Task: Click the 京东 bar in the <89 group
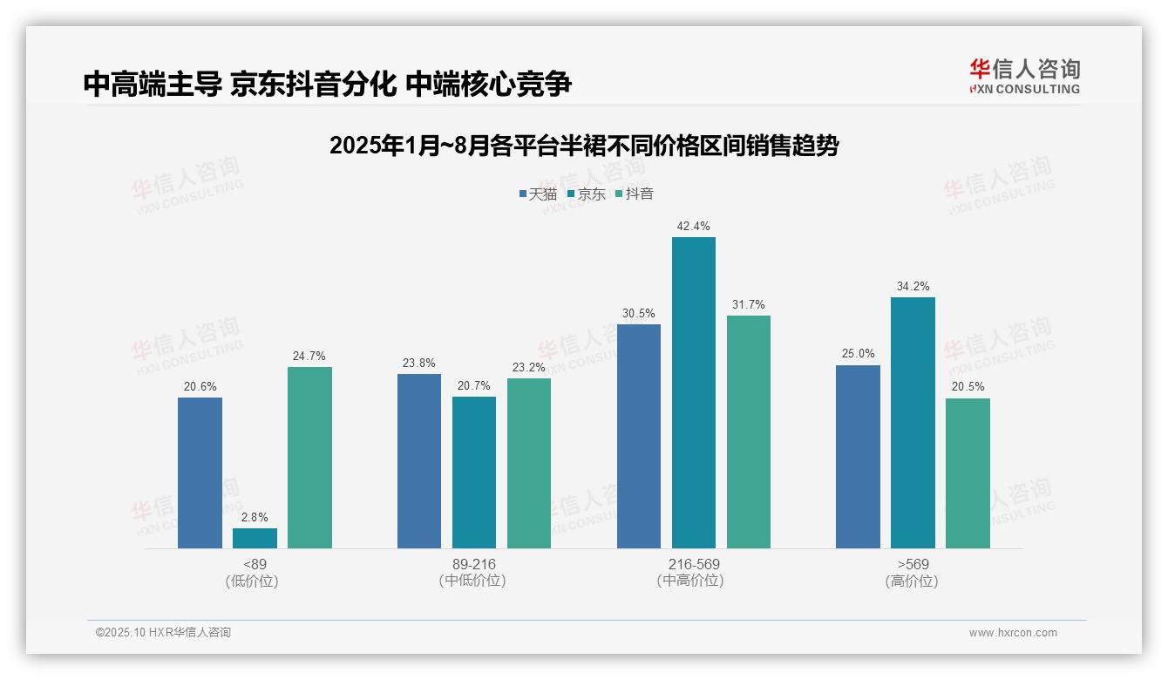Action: (255, 538)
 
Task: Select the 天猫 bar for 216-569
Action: (639, 436)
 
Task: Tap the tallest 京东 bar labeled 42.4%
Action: (694, 392)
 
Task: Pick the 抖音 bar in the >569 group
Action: (968, 473)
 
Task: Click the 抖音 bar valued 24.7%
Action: (309, 458)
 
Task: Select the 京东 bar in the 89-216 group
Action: (474, 473)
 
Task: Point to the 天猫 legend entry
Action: (538, 194)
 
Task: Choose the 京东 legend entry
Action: (586, 194)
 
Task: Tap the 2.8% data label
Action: (255, 517)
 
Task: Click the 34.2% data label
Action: (913, 286)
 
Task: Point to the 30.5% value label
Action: (638, 313)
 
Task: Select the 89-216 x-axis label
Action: (474, 564)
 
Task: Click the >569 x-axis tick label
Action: (913, 564)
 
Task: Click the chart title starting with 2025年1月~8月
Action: (584, 146)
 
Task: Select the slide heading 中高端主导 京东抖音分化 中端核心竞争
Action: (328, 85)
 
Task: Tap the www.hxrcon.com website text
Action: (1013, 633)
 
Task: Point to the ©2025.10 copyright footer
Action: (163, 633)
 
